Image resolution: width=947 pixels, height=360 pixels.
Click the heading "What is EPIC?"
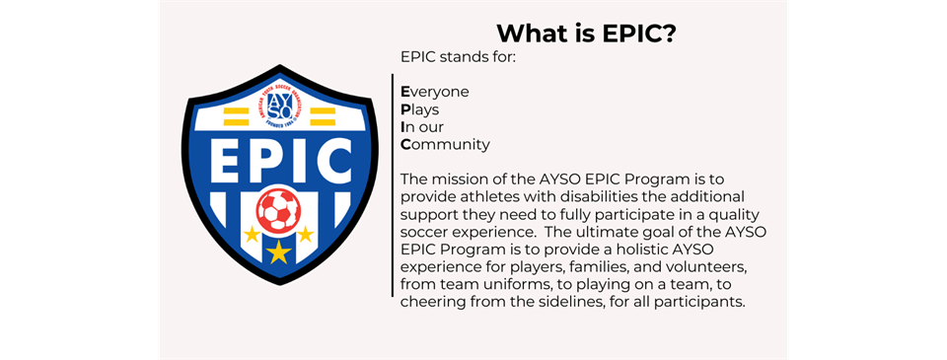[585, 34]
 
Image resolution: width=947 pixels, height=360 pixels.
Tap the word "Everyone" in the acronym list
[435, 92]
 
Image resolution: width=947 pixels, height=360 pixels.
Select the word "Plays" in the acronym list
[420, 110]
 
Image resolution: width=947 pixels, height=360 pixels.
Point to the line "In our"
[422, 127]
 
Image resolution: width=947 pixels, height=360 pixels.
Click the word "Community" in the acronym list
[445, 146]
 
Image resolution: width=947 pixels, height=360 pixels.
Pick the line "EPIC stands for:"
[460, 57]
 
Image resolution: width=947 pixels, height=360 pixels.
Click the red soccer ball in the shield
[278, 210]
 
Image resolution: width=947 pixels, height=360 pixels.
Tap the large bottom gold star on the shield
[278, 252]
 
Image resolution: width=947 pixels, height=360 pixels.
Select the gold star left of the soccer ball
[252, 234]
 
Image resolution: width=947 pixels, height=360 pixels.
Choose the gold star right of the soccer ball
[305, 234]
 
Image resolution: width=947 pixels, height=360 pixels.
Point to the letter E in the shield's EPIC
[223, 162]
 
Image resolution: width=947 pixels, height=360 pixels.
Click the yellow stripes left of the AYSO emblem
[236, 116]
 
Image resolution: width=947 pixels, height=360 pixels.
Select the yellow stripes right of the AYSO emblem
[323, 116]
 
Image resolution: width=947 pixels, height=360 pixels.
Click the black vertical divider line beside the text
[393, 184]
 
